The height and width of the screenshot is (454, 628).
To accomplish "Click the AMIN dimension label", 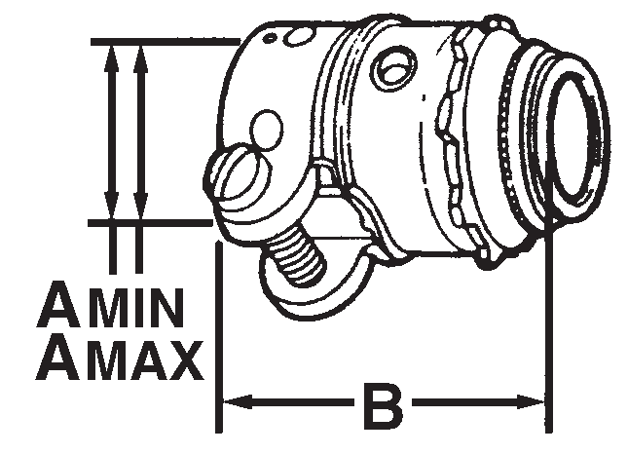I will [110, 310].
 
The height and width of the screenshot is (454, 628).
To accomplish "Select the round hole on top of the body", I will [393, 68].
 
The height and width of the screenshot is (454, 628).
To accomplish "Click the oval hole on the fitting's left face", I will [265, 128].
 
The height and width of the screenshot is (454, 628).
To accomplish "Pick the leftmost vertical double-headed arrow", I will [113, 132].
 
